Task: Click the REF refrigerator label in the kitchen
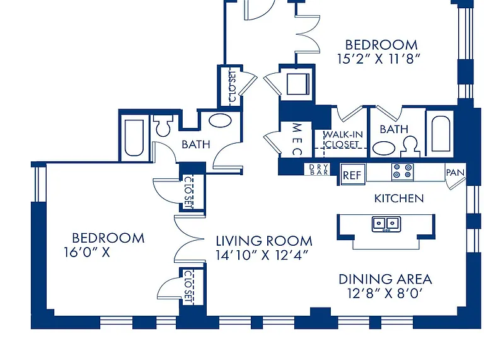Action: tap(352, 175)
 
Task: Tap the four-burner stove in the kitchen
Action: tap(403, 171)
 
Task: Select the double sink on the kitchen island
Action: tap(386, 224)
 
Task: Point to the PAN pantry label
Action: tap(455, 173)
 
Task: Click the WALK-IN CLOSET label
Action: tap(343, 139)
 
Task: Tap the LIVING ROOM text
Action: tap(264, 241)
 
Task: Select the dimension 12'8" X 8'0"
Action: tap(384, 293)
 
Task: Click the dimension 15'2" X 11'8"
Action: tap(379, 59)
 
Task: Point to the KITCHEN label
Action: tap(399, 199)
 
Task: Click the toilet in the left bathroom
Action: tap(163, 125)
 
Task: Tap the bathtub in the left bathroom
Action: tap(134, 137)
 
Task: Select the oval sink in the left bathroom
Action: tap(220, 120)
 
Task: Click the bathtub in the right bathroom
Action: tap(441, 134)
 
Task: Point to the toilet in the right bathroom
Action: tap(410, 147)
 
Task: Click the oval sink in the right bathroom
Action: tap(384, 148)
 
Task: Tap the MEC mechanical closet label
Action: tap(297, 139)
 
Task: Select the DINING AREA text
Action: tap(385, 279)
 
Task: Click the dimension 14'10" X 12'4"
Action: tap(262, 255)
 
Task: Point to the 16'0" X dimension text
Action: tap(87, 252)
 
